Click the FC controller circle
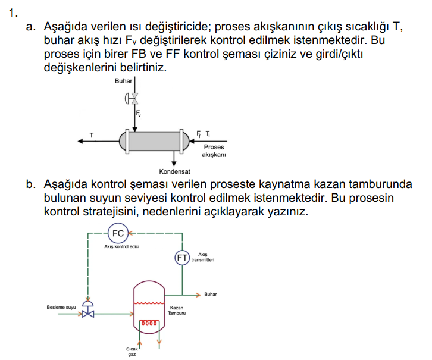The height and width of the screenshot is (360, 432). [118, 233]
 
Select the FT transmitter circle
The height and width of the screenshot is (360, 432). [181, 257]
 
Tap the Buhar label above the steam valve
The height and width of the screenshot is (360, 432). [124, 81]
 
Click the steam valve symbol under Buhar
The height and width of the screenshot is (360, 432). [134, 98]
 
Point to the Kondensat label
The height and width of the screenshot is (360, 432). [174, 173]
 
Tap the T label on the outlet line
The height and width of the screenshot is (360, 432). [92, 134]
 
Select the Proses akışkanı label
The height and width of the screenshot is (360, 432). [214, 151]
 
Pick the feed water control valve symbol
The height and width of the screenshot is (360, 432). [88, 311]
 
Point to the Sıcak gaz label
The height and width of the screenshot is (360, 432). [132, 351]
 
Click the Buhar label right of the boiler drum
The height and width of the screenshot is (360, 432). [211, 294]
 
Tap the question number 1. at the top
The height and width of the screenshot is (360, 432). [12, 12]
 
